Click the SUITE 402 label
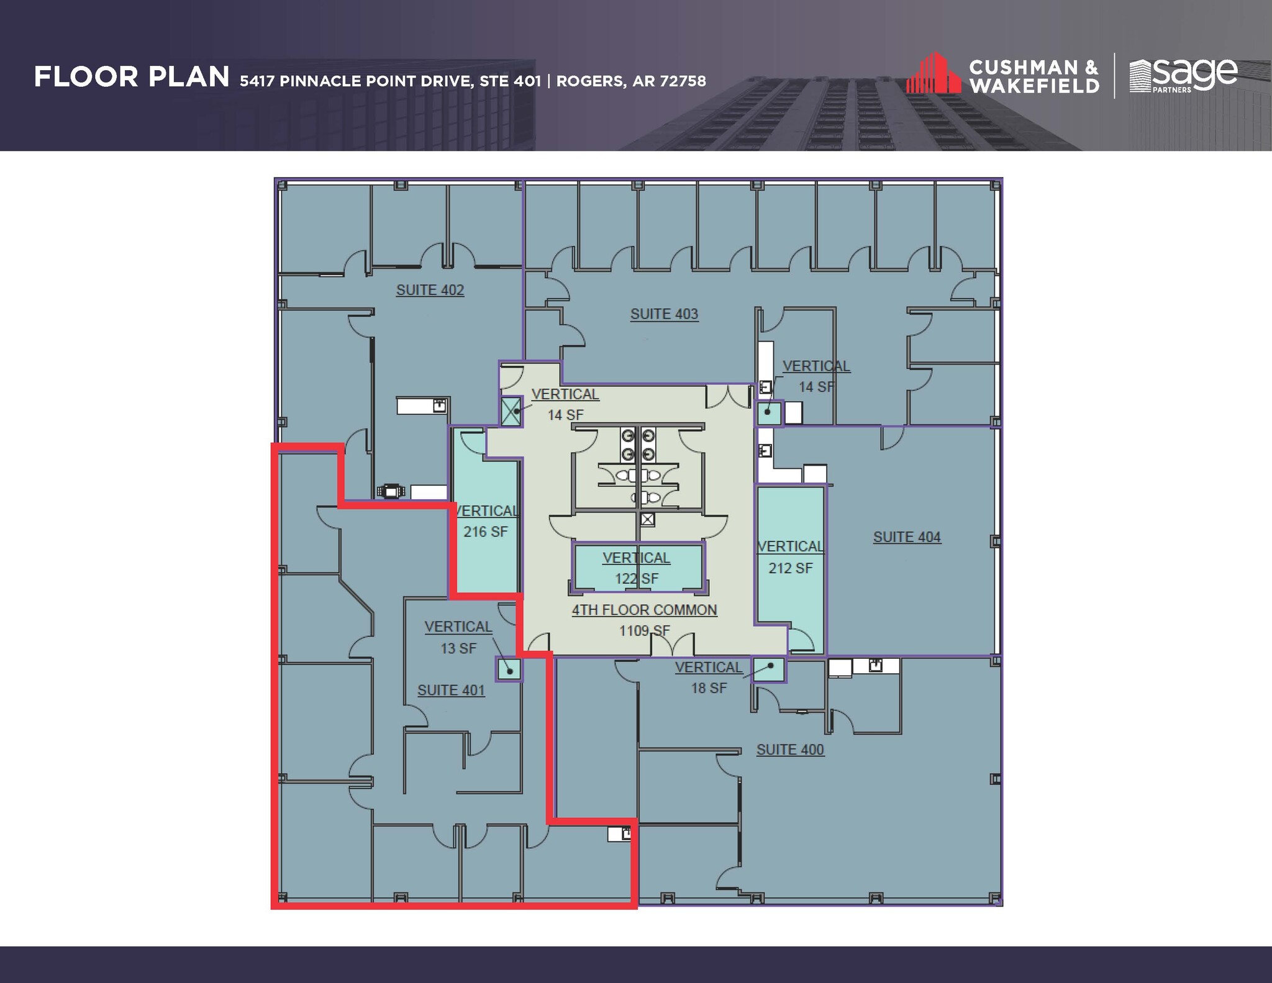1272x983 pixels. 430,290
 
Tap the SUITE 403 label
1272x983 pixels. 664,314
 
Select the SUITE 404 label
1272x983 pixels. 907,537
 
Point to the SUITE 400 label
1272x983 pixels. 790,750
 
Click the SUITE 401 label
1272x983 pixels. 451,690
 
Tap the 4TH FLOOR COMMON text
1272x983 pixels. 644,610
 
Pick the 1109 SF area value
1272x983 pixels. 644,631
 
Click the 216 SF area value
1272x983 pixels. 485,532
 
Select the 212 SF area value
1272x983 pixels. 790,568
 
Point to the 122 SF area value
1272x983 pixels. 637,579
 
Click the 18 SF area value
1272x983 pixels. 709,688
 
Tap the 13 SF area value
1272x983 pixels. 458,648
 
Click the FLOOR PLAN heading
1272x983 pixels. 132,78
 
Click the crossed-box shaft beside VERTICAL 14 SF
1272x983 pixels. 512,411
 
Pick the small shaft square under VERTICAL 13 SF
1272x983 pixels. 509,671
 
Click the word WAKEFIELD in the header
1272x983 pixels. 1033,86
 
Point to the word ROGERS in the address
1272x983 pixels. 590,81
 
